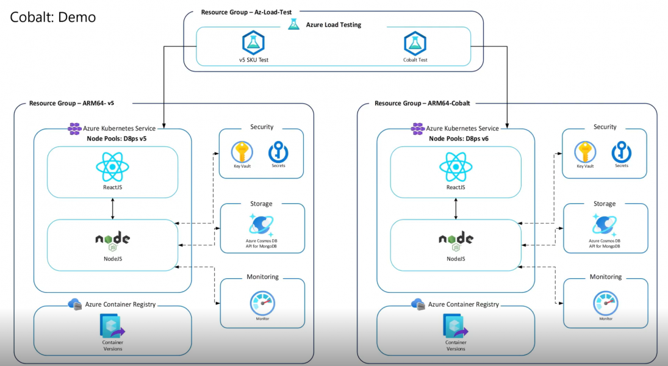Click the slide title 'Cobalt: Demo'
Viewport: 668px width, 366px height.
52,17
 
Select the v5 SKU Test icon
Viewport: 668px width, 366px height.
253,43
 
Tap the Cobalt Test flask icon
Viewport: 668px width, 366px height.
415,43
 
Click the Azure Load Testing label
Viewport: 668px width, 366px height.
333,25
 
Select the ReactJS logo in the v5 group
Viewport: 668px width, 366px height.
112,167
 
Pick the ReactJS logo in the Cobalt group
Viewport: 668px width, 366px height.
456,167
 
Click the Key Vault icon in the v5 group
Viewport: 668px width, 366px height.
242,152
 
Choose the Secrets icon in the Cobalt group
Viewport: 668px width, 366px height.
621,152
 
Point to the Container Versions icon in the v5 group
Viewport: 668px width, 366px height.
112,327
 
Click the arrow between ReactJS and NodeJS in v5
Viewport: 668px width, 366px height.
112,209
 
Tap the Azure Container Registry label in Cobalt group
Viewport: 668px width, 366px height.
463,304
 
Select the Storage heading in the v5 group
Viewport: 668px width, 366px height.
261,204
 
